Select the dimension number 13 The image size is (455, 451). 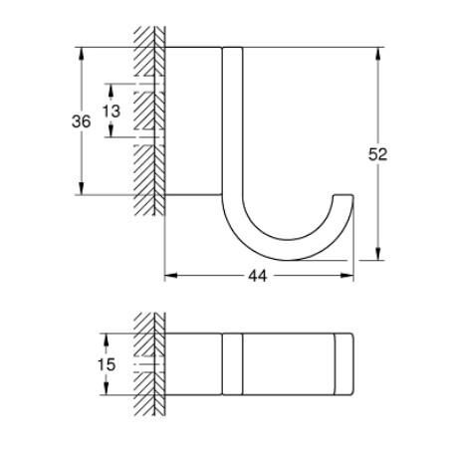pos(111,111)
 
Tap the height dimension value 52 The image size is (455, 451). pos(377,153)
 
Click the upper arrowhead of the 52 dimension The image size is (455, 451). pos(378,52)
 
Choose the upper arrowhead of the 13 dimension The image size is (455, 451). pos(111,88)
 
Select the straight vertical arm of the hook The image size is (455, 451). pos(231,119)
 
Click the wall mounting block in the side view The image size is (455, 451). pos(192,119)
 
